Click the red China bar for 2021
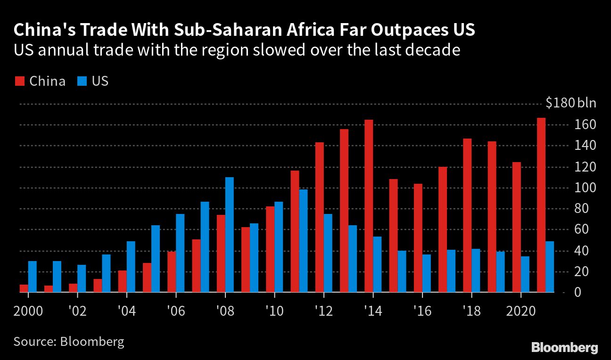[x=541, y=205]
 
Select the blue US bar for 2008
[x=230, y=235]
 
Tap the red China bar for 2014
[x=369, y=206]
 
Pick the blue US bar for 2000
[x=33, y=277]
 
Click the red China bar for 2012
[x=320, y=217]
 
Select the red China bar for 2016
[x=418, y=238]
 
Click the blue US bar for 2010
[x=279, y=247]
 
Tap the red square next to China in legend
[x=19, y=81]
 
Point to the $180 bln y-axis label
[x=570, y=103]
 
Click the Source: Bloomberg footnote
[x=69, y=341]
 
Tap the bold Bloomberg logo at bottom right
[x=564, y=348]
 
